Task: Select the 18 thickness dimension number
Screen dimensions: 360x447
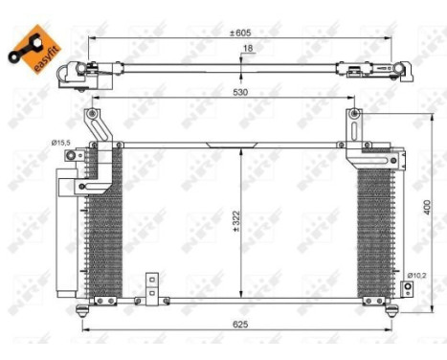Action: coord(247,49)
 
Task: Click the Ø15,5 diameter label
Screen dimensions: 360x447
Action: coord(63,142)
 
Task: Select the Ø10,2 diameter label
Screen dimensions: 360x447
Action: coord(417,276)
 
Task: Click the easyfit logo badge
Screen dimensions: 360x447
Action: coord(30,46)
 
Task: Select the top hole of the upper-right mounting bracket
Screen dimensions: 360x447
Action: coord(355,115)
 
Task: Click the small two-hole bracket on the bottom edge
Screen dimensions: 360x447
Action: coord(150,288)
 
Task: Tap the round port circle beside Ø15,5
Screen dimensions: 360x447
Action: coord(93,145)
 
